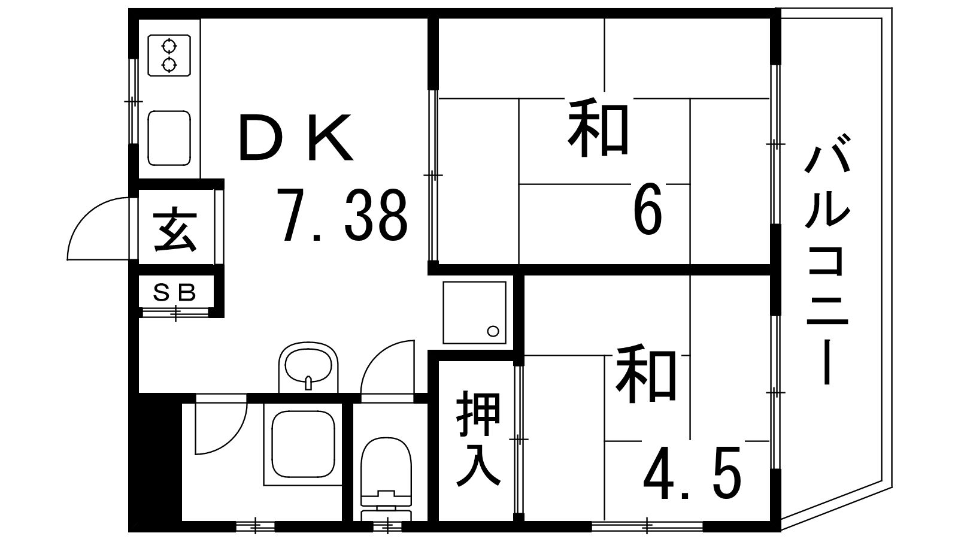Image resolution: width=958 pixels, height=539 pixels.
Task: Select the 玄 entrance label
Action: coord(175,229)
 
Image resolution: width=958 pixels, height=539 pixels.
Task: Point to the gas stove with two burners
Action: coord(169,55)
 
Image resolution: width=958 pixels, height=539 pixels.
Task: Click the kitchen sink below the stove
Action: coord(169,138)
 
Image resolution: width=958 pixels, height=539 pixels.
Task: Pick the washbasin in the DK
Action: coord(308,367)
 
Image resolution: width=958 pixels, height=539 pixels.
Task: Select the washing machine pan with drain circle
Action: coord(474,312)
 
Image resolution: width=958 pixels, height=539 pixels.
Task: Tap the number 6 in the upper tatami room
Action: coord(648,210)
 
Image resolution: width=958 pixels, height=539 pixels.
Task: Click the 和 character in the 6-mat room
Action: coord(598,129)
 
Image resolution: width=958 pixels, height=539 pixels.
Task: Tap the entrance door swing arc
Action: coord(90,231)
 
